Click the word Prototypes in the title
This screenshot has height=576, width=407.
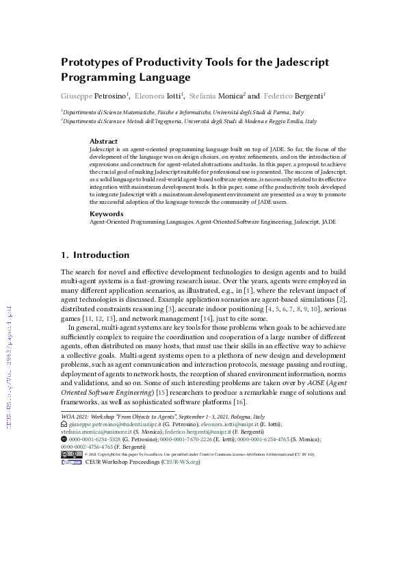tap(92, 62)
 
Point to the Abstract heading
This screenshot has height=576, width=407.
tap(104, 141)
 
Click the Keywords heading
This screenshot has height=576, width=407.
tap(106, 213)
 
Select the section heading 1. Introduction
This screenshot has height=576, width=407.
tap(95, 255)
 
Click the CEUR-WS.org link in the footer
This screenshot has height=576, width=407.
tap(181, 462)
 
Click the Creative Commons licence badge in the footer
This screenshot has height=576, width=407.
tap(71, 454)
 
